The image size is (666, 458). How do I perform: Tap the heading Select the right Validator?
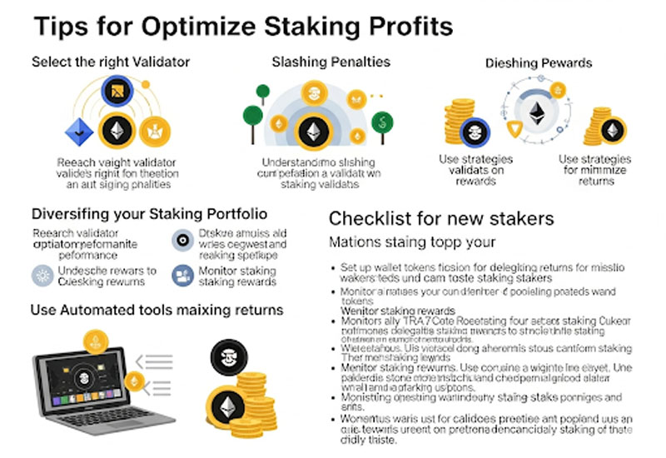pos(111,62)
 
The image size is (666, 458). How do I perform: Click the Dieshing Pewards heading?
pos(539,62)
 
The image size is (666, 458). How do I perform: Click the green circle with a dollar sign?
pos(382,121)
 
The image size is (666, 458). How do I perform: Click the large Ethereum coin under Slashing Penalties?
pos(314,131)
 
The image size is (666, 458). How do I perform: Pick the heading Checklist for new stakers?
pos(441,219)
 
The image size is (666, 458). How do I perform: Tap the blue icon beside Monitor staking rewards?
pos(181,275)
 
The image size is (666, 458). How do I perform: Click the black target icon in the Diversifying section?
pos(181,240)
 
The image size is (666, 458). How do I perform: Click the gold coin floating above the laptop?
pos(94,339)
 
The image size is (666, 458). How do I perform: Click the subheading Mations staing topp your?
pos(413,243)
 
